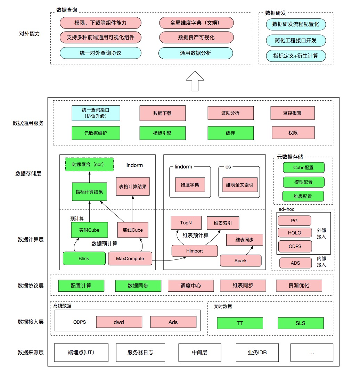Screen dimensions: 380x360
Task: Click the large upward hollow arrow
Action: pos(195,81)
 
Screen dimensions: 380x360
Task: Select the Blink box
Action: pos(84,258)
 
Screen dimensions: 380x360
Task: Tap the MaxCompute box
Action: pos(130,258)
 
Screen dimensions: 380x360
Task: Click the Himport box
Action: pos(195,251)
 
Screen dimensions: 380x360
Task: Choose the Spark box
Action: pos(240,261)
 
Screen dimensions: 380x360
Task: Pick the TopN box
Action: pos(186,223)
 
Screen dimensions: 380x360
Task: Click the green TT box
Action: pos(240,323)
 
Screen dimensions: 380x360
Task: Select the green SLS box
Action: pos(301,323)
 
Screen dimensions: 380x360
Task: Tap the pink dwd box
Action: pos(119,322)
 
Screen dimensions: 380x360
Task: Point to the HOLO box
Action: pos(295,233)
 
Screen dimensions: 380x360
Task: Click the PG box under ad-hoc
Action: pos(294,221)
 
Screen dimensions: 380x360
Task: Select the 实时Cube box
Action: pos(89,230)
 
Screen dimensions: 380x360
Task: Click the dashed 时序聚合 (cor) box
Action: pos(90,165)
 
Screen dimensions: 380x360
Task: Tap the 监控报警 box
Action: pos(293,113)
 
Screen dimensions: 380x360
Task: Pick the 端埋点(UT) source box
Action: pos(81,352)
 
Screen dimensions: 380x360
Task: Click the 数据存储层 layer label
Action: pos(28,173)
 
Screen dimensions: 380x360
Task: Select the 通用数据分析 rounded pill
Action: pos(195,53)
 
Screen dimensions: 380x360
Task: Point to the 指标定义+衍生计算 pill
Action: pos(296,56)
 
